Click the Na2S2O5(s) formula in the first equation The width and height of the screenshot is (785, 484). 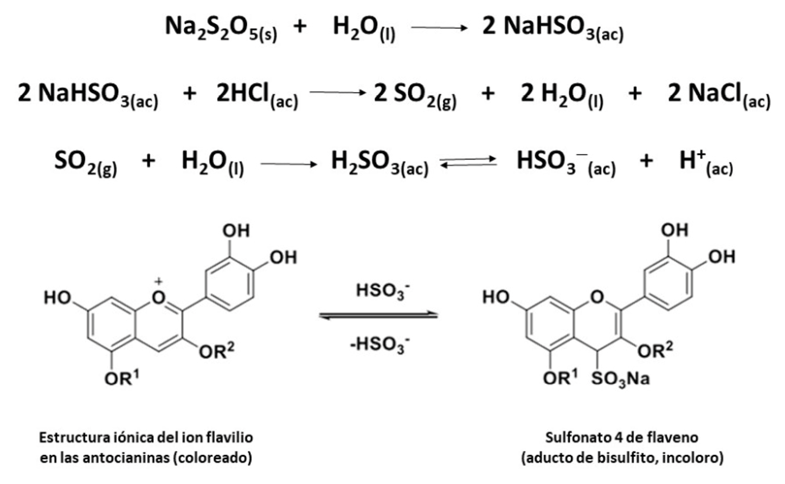click(221, 28)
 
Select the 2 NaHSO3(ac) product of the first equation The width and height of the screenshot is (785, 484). click(552, 28)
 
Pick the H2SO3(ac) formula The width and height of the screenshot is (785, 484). click(379, 163)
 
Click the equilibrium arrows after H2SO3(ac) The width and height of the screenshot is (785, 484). click(468, 161)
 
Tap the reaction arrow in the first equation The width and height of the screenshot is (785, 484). click(439, 28)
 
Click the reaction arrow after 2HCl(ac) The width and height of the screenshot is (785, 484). click(338, 93)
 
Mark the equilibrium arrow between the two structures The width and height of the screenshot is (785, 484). click(378, 315)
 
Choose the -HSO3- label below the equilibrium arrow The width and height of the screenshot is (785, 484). click(379, 345)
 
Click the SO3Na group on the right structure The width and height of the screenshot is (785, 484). click(620, 378)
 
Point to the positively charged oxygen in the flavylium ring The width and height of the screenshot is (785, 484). click(158, 297)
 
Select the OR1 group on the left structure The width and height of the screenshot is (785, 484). click(121, 378)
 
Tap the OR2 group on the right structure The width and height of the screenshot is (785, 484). click(655, 351)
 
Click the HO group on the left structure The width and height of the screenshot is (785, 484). click(58, 297)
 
